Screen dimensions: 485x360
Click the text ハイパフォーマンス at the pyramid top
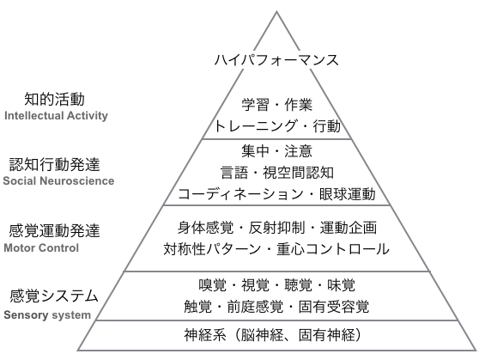pos(276,59)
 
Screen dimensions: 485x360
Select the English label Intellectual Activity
pos(56,115)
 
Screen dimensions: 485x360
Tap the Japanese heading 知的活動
pos(54,99)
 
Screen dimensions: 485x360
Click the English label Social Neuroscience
pos(58,180)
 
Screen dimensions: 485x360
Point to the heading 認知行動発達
pos(54,164)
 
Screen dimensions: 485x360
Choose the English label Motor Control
pos(41,248)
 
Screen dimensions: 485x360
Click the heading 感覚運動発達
pos(54,231)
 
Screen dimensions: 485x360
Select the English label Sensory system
pos(47,314)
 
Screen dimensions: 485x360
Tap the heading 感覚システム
pos(54,296)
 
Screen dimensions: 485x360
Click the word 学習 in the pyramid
pos(256,105)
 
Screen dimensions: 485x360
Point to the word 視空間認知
pos(298,173)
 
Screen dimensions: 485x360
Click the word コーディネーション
pos(240,194)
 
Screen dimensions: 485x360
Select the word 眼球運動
pos(348,194)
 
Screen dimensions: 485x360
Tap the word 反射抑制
pos(276,228)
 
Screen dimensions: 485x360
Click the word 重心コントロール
pos(333,249)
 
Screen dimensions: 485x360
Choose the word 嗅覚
pos(213,285)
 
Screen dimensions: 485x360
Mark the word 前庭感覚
pos(255,307)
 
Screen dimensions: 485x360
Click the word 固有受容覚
pos(334,307)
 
